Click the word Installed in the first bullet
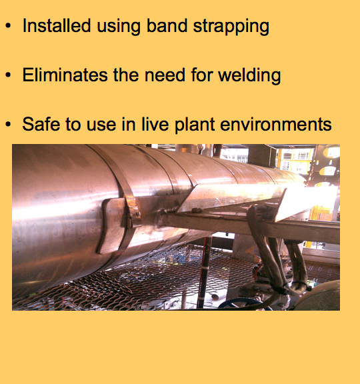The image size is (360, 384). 57,25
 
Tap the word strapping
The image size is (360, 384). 231,27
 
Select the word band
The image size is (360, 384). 167,25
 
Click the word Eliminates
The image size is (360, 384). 65,75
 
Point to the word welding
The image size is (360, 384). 249,76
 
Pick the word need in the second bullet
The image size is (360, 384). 165,75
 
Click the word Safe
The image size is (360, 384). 41,124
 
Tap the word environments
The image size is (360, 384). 276,124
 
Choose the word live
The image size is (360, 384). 155,124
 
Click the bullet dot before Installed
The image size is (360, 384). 8,25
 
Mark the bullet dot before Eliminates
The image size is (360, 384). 8,75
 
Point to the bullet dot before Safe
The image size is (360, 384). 8,124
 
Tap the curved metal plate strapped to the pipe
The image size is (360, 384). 111,225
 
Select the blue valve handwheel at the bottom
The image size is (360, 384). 243,305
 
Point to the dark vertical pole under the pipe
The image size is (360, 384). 204,272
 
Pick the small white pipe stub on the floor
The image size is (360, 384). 215,296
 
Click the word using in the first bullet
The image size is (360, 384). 119,27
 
